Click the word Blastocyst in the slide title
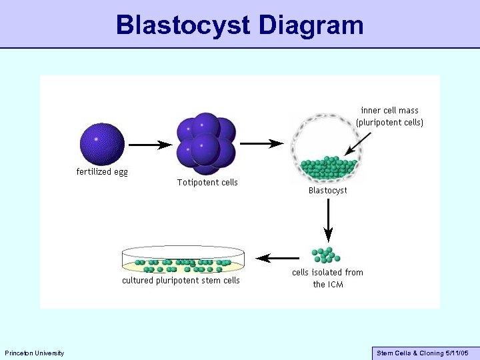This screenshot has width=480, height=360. tap(183, 25)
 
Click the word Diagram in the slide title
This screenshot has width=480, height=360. tap(312, 25)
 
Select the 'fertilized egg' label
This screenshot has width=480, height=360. tap(102, 171)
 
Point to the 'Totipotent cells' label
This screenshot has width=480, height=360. tap(207, 182)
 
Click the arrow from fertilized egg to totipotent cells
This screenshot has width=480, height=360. tap(150, 144)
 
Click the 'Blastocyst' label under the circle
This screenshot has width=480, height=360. tap(327, 190)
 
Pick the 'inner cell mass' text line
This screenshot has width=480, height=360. tap(390, 110)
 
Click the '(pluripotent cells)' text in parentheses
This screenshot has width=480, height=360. tap(390, 123)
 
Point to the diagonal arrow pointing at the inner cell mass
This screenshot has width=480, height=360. tap(358, 141)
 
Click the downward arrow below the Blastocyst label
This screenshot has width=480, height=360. tap(328, 221)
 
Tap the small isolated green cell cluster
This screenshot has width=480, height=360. tap(326, 255)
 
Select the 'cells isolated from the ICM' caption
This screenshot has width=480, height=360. tap(327, 278)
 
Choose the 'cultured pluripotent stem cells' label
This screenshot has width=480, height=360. tap(181, 281)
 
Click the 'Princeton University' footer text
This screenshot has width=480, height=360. tap(34, 353)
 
